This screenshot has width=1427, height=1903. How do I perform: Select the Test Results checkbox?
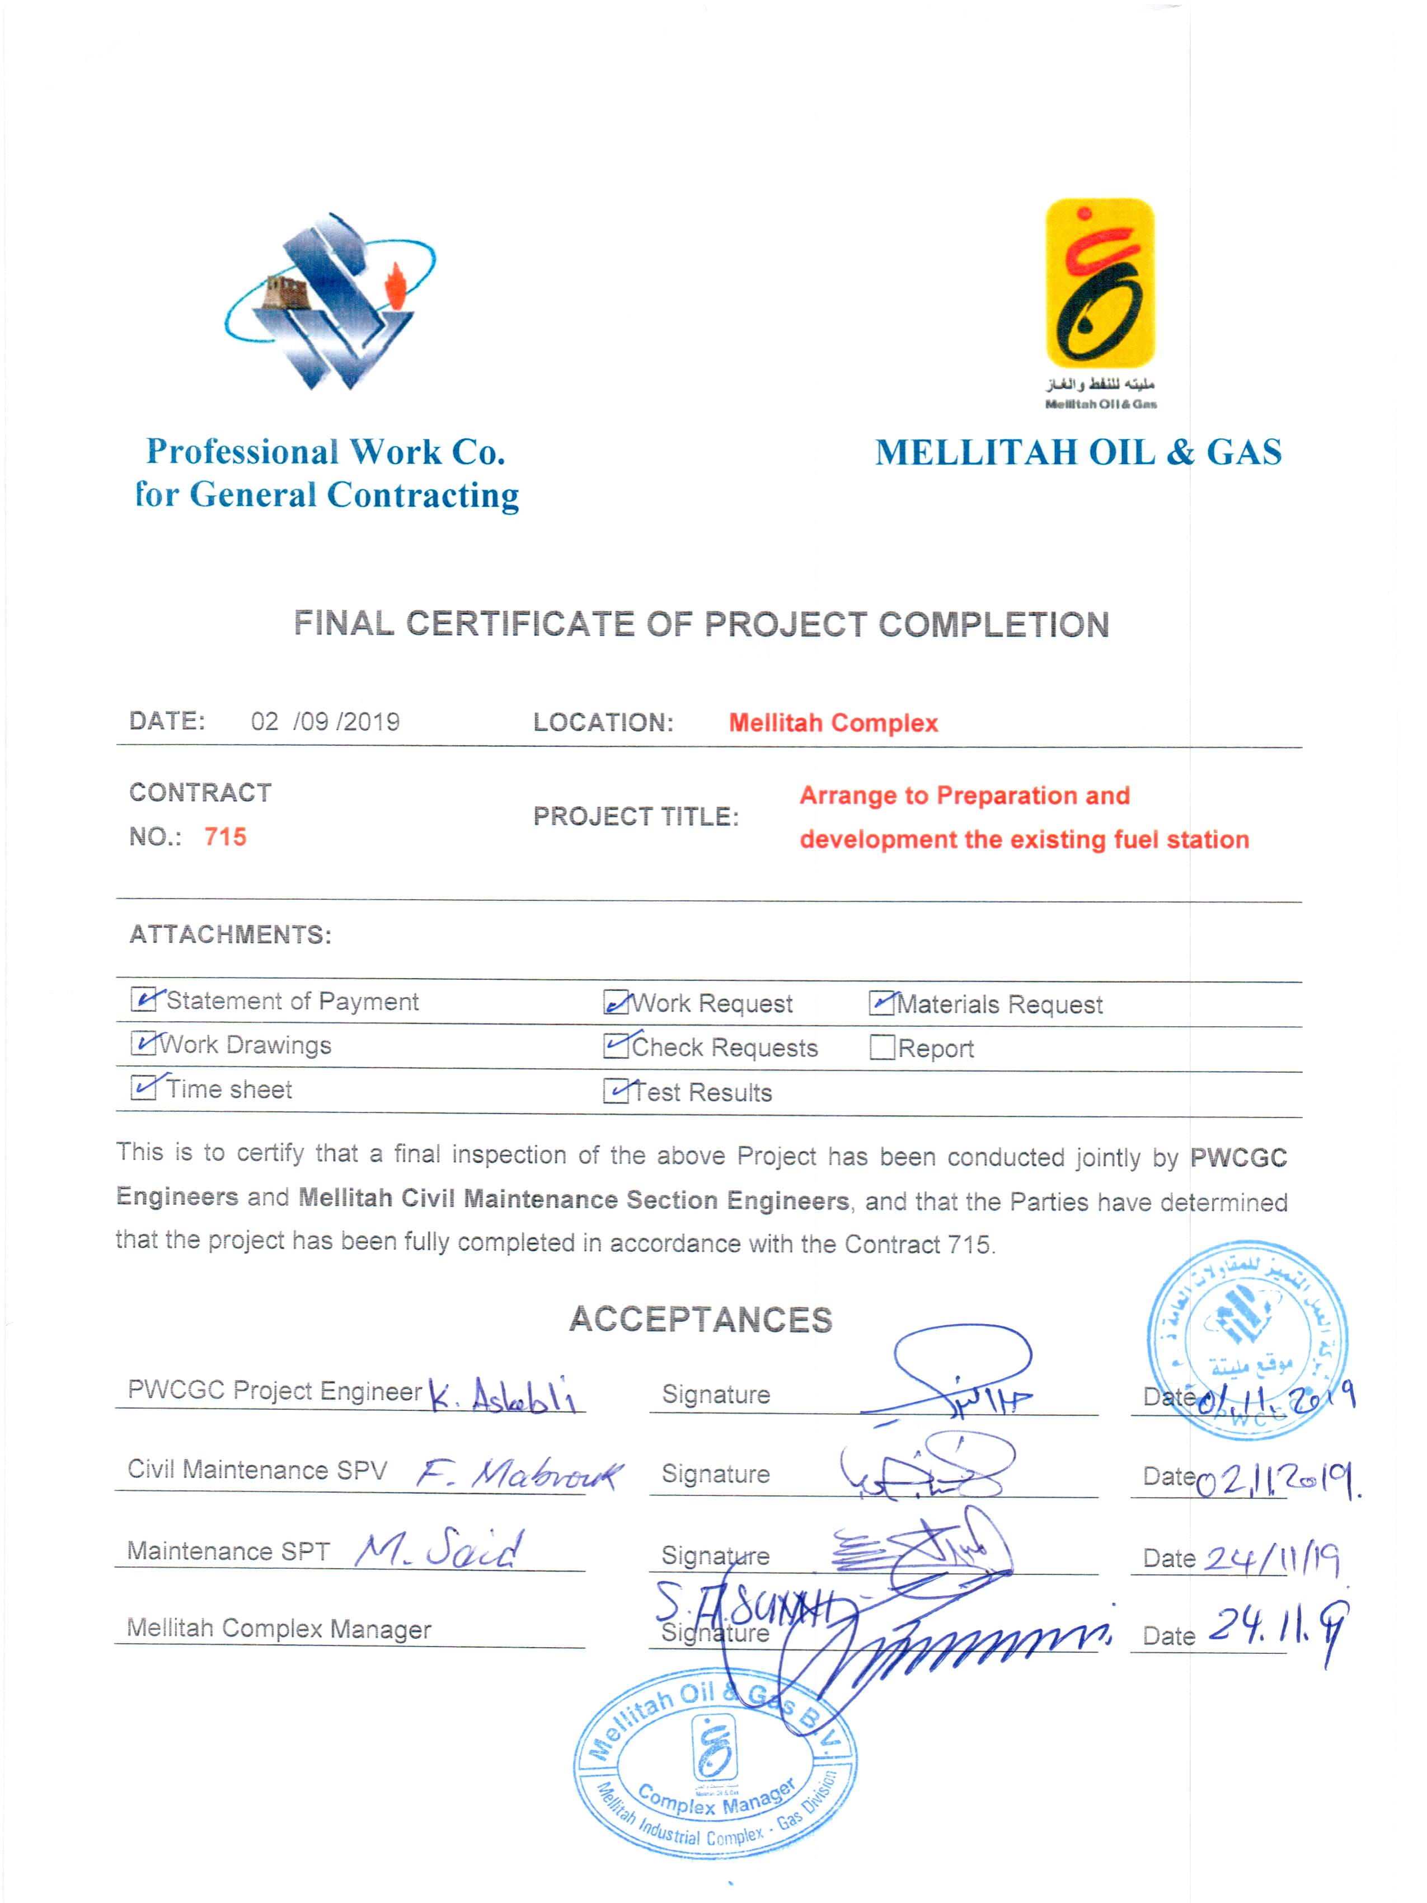click(616, 1091)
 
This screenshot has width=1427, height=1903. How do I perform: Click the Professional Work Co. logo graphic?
click(330, 301)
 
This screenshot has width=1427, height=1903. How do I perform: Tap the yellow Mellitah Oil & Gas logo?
click(1099, 284)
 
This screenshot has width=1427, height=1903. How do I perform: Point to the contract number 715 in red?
click(226, 836)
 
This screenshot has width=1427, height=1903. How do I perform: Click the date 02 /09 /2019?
click(325, 721)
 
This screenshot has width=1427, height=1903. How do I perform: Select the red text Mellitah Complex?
click(833, 723)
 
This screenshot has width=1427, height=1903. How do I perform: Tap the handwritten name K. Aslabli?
click(503, 1394)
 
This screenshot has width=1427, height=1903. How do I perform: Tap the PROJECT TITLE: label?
click(636, 816)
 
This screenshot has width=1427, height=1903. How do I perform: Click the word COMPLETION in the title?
click(993, 625)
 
